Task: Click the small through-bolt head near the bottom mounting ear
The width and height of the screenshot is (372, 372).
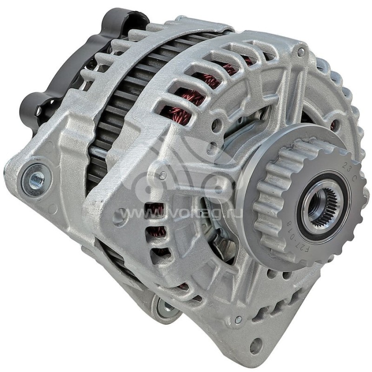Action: (238, 319)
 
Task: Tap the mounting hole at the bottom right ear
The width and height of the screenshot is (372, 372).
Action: (255, 345)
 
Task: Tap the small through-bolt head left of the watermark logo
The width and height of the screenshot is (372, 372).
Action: (163, 175)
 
